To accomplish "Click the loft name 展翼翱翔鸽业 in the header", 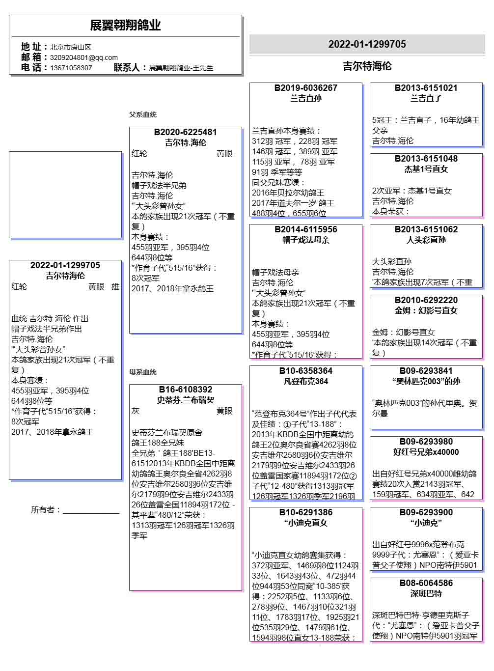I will click(125, 26).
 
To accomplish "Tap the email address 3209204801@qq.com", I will click(83, 57).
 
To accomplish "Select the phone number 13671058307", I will click(71, 68).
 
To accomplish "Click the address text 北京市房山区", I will click(70, 47).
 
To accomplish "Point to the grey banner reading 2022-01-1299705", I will click(367, 44).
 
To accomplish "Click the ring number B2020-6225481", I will click(185, 132).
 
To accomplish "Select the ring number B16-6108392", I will click(185, 390).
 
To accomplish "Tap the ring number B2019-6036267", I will click(305, 88).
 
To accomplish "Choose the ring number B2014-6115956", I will click(305, 229).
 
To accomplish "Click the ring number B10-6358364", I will click(305, 371).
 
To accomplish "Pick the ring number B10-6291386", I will click(305, 512).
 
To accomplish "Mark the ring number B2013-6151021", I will click(426, 88).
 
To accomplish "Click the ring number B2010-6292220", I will click(426, 300).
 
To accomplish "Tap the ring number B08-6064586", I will click(426, 583).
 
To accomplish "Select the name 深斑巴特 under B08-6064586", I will click(426, 593).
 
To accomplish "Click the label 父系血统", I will click(143, 114).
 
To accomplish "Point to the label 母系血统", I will click(143, 372).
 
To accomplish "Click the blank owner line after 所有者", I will click(91, 510).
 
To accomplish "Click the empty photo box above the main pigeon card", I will click(65, 195).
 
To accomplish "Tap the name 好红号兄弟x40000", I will click(426, 452).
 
